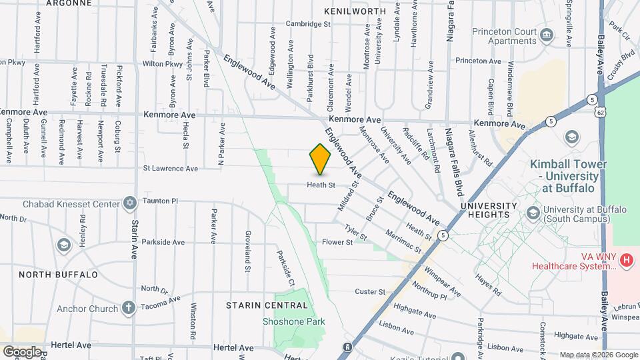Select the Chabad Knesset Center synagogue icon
tap(129, 203)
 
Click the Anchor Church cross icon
tap(128, 308)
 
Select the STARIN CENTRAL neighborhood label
tap(267, 305)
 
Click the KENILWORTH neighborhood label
tap(355, 11)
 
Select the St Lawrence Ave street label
tap(170, 169)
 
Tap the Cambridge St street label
tap(308, 23)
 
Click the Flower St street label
tap(337, 242)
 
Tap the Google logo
tap(22, 351)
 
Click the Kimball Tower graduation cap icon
tap(571, 137)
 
